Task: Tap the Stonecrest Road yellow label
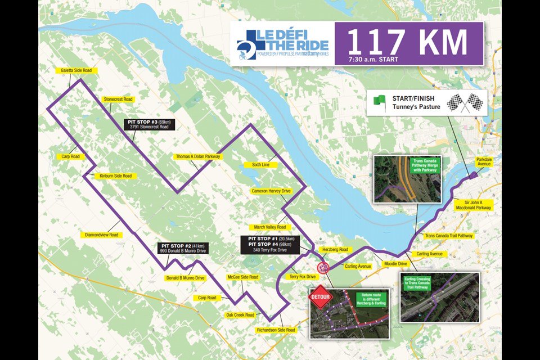tap(118, 100)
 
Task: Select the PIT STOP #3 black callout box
tap(149, 124)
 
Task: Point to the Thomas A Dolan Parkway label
tap(197, 157)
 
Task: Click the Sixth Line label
tap(256, 165)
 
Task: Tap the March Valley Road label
tap(270, 227)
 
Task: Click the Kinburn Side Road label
tap(115, 176)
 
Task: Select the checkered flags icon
tap(464, 103)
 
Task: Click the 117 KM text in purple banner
tap(407, 42)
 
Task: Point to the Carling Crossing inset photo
tap(439, 298)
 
